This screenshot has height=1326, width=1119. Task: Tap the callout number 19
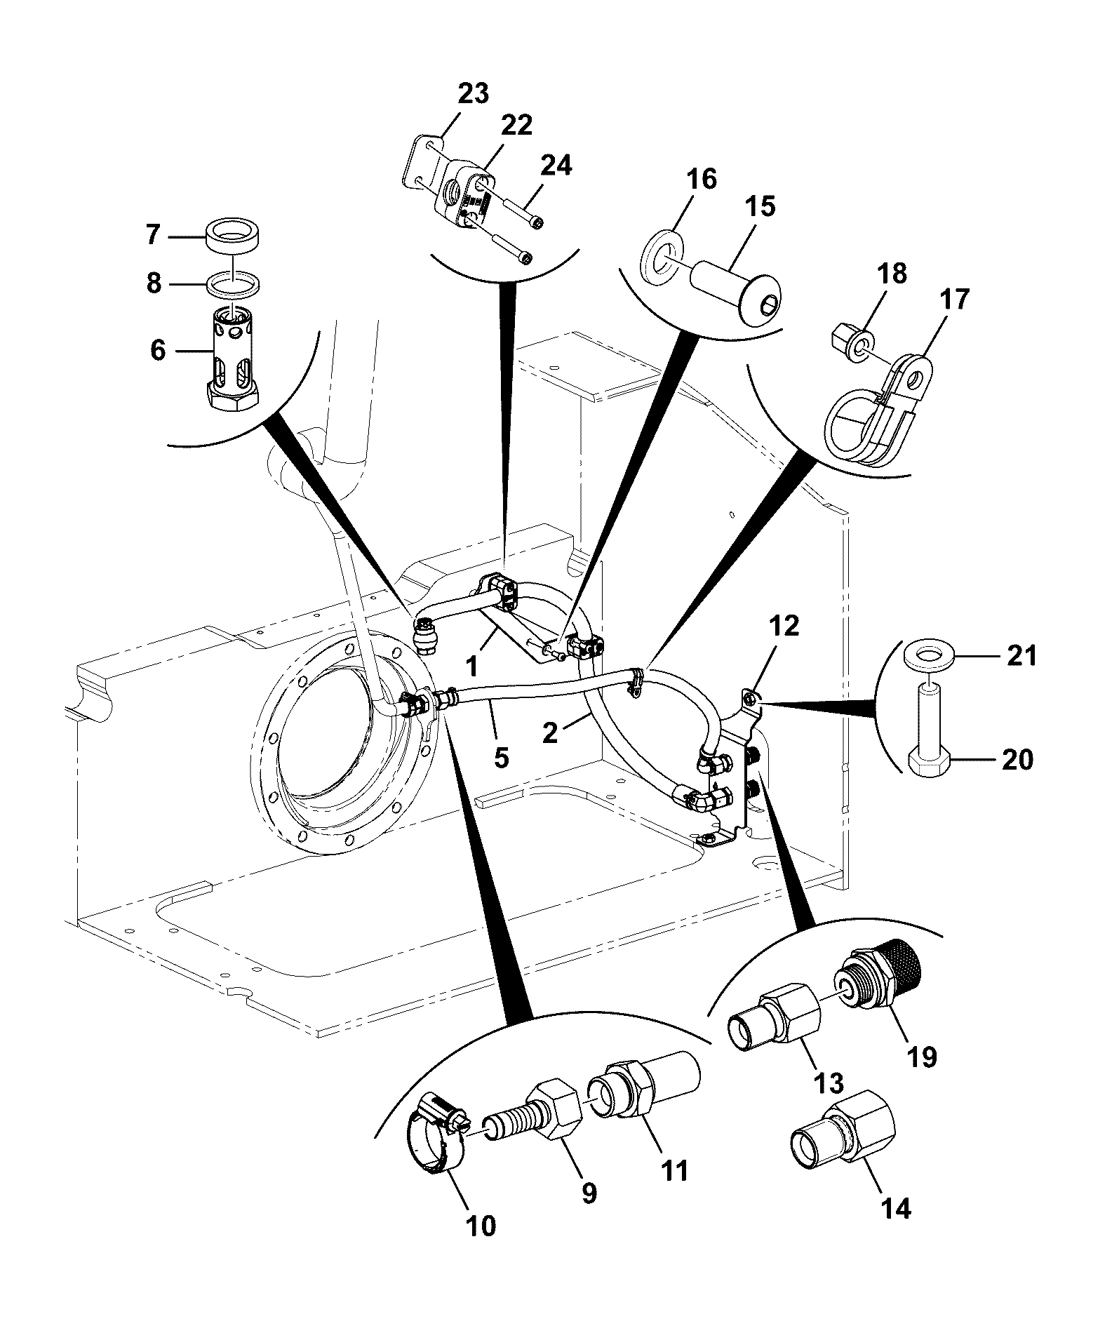coord(922,1057)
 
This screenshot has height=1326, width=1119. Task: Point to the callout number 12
coord(784,626)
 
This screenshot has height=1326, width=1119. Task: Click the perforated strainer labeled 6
coord(232,355)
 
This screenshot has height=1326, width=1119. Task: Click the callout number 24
coord(556,166)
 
